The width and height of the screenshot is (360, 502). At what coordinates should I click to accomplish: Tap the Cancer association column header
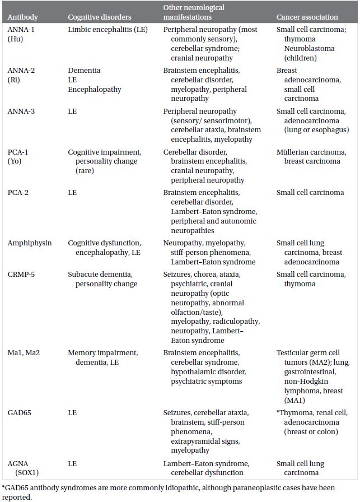[x=307, y=17]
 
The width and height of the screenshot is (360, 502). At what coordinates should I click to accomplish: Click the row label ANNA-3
[x=21, y=111]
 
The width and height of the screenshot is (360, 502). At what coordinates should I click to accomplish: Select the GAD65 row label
[x=20, y=412]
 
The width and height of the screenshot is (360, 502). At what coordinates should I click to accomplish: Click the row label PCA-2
[x=19, y=192]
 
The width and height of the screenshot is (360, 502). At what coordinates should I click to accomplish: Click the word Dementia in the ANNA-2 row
[x=85, y=71]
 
